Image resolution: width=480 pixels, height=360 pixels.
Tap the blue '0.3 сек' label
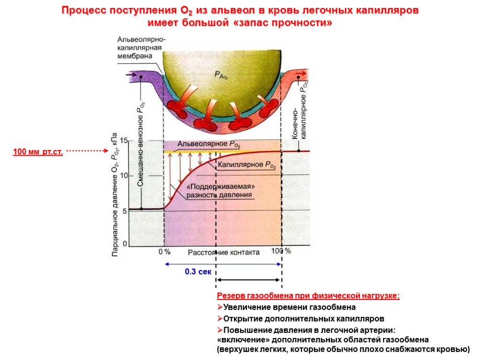198,271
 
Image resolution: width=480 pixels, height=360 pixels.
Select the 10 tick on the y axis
124,175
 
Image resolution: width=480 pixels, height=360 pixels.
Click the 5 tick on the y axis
125,211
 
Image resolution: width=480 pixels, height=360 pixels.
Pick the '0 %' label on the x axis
164,252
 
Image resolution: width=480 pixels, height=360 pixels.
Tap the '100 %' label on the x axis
281,251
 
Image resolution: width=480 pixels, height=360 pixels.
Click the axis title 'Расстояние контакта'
224,252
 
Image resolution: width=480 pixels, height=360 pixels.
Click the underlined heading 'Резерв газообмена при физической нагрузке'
308,296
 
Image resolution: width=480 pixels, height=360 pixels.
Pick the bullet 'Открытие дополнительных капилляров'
300,318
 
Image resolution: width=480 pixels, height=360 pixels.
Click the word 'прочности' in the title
300,22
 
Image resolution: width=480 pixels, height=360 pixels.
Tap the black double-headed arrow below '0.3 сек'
248,280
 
